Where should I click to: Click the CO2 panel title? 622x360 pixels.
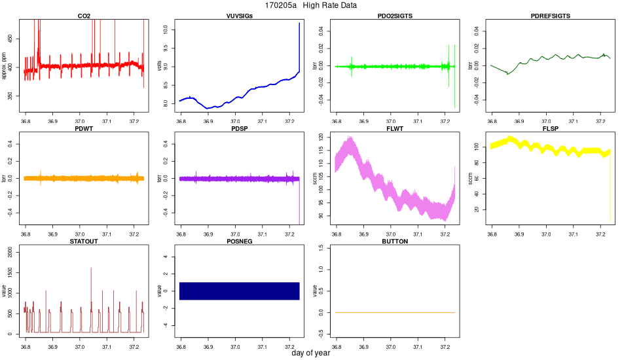(84, 16)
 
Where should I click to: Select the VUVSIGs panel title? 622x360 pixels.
(239, 16)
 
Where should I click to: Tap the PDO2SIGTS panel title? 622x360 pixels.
(395, 16)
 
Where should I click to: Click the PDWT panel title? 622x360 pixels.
(84, 128)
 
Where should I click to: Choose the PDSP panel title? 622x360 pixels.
(239, 128)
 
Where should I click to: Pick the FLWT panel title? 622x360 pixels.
(395, 128)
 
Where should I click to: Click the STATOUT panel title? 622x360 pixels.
(84, 241)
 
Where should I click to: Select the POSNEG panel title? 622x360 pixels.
(239, 241)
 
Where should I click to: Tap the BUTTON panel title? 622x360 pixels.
(395, 241)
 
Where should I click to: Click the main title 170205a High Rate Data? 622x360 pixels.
(311, 5)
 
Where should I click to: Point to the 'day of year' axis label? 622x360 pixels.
(311, 354)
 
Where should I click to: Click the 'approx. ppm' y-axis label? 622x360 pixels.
(5, 66)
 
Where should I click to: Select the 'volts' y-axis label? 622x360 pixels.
(160, 66)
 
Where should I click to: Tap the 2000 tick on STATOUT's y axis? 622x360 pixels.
(11, 253)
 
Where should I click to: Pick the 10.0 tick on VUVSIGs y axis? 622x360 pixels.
(166, 29)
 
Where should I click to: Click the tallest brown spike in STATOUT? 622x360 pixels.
(91, 268)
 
